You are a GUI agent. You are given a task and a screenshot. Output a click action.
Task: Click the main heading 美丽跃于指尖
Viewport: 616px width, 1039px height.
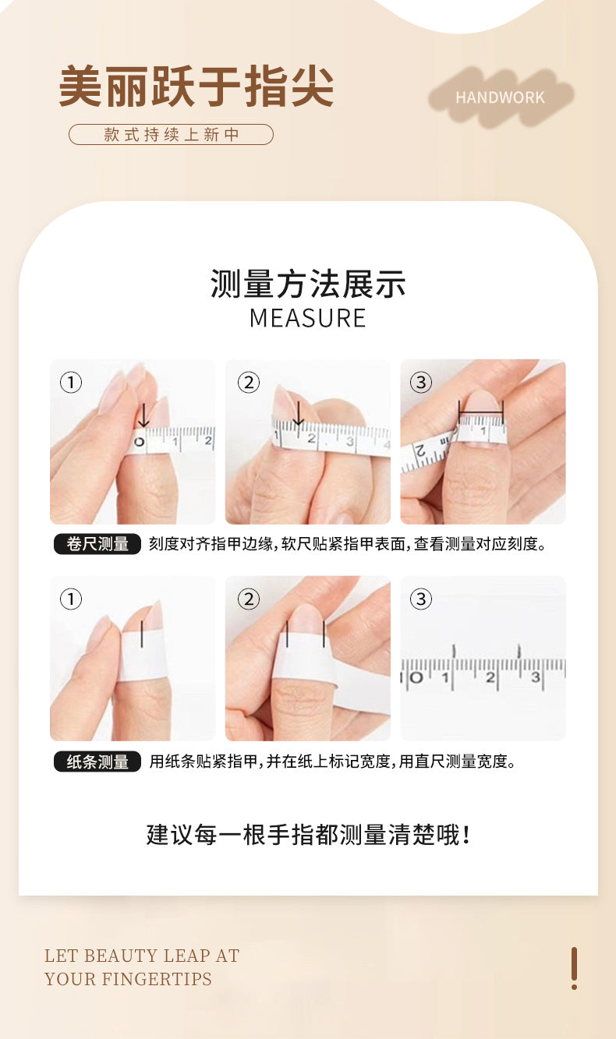196,86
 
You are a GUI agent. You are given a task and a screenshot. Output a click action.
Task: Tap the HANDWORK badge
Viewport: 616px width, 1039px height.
500,97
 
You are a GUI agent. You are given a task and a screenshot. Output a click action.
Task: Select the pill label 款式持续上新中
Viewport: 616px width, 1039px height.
171,135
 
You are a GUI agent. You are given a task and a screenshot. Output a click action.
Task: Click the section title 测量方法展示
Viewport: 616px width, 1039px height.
308,284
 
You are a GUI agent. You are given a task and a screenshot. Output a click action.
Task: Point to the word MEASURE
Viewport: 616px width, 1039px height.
308,318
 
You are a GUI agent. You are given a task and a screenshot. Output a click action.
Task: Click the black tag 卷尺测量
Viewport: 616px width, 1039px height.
97,544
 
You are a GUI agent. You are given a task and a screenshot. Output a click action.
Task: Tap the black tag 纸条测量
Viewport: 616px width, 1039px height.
97,762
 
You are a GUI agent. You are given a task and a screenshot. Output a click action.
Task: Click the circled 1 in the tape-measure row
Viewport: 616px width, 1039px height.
71,383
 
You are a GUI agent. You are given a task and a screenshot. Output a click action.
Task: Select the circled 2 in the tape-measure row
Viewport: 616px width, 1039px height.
248,383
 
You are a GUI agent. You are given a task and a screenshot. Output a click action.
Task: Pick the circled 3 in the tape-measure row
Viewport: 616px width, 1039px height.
421,382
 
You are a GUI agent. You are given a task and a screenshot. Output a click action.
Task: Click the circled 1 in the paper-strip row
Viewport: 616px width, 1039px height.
71,599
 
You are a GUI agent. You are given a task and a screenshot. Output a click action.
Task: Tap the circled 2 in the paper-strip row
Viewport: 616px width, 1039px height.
248,599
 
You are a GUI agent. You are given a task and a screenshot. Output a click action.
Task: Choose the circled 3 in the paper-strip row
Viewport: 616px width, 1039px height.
421,599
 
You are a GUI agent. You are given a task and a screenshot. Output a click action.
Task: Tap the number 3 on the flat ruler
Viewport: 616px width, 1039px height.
536,677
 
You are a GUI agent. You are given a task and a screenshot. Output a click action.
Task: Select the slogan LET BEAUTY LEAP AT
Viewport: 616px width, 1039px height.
142,956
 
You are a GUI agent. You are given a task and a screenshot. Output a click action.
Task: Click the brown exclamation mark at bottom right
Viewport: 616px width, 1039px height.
574,968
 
